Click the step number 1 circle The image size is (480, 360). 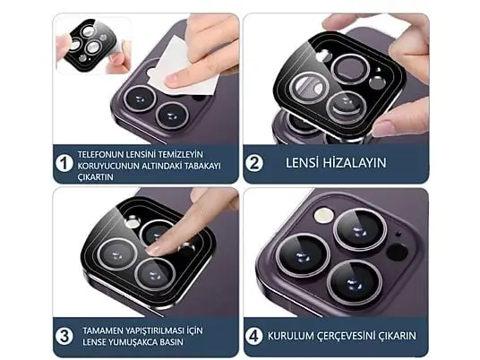(x=64, y=163)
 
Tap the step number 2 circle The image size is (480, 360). (x=254, y=163)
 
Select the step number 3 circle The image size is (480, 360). (x=64, y=337)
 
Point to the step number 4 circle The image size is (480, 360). (x=254, y=336)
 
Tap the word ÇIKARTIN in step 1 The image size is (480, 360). (x=95, y=177)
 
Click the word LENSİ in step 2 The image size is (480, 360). (x=302, y=163)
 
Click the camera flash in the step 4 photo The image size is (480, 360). (x=324, y=216)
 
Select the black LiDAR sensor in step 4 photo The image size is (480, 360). (x=397, y=252)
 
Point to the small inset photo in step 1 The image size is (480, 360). (x=93, y=46)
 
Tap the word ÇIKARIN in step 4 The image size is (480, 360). (x=398, y=336)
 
